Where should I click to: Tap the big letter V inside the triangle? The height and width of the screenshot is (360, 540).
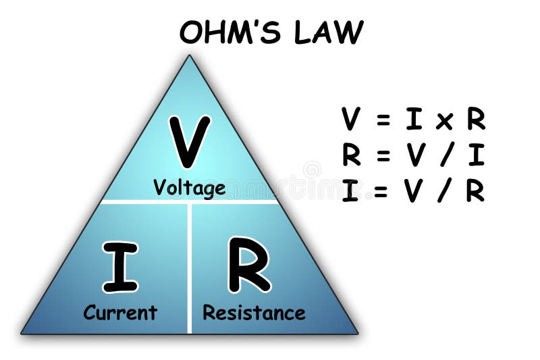pyautogui.click(x=189, y=141)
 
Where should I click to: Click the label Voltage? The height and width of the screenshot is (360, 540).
pyautogui.click(x=189, y=187)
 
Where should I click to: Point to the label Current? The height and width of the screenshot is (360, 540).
pyautogui.click(x=120, y=313)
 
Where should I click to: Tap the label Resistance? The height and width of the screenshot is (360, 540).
pyautogui.click(x=254, y=313)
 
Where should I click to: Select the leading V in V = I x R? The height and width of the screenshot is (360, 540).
pyautogui.click(x=351, y=120)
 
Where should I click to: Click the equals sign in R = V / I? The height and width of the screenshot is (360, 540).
pyautogui.click(x=383, y=156)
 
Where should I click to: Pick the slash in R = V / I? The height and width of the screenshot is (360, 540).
pyautogui.click(x=446, y=156)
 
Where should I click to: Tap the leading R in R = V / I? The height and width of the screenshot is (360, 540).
pyautogui.click(x=351, y=156)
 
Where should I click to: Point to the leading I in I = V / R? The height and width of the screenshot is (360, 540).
pyautogui.click(x=350, y=192)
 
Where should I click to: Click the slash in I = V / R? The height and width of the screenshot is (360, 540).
pyautogui.click(x=442, y=192)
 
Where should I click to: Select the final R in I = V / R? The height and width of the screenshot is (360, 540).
pyautogui.click(x=475, y=192)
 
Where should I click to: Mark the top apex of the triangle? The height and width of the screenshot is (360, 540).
pyautogui.click(x=189, y=56)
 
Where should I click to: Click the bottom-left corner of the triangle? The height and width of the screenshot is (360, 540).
pyautogui.click(x=22, y=333)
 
